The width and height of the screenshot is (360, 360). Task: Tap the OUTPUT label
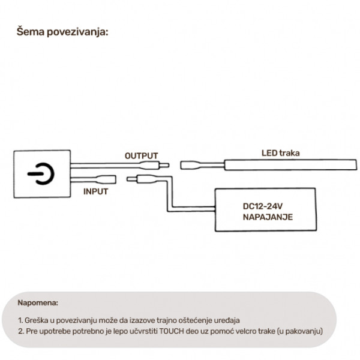coord(141,156)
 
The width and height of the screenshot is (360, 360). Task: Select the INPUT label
coord(95,191)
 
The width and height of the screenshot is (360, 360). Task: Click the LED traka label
coord(281,153)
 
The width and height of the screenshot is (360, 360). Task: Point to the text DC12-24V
coord(262,206)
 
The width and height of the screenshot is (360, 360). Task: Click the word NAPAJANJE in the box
coord(268,217)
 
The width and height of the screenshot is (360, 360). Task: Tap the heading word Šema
coord(31,31)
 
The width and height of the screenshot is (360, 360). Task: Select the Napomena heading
coord(38,302)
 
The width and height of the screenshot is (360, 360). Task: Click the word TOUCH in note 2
coord(172,331)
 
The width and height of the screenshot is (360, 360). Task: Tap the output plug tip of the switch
coord(164,165)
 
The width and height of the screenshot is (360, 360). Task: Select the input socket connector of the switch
coord(107,179)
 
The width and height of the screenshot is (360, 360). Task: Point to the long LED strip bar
coord(290,165)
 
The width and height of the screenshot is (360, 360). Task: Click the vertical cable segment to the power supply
coord(169,194)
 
